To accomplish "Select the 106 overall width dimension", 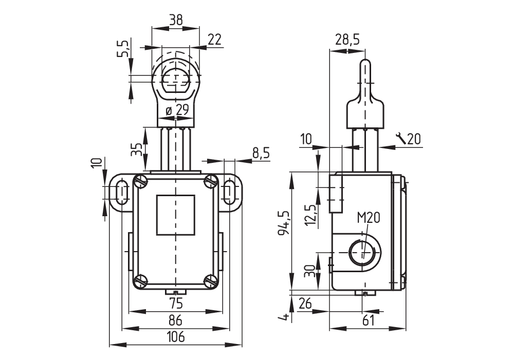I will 176,337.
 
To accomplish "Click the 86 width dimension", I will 176,320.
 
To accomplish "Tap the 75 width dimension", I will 176,304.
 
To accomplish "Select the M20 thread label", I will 369,218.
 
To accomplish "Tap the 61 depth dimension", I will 368,320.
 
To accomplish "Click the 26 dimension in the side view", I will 305,304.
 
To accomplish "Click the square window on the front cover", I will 176,215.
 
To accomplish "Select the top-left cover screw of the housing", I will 141,180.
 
